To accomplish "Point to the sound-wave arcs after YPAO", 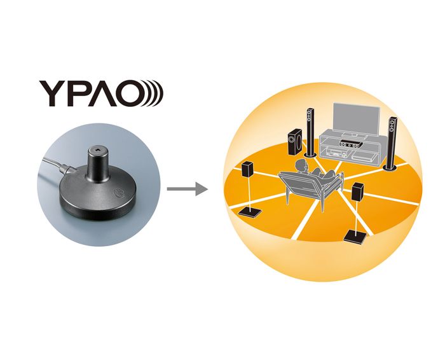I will tap(155, 93).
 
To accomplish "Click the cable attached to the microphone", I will tap(55, 167).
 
